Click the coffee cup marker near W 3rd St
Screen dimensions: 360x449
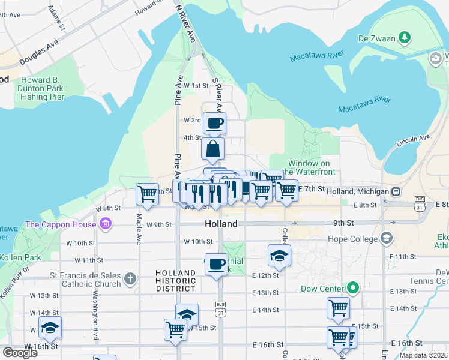pos(215,124)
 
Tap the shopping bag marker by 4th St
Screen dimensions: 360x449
pos(213,149)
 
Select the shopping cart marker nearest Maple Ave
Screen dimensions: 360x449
pos(148,194)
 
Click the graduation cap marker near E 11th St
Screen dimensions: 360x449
pos(279,255)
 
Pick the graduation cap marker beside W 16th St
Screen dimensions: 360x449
pos(50,328)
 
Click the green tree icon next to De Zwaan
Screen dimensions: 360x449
pos(406,38)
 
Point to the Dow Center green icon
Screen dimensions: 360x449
pos(354,289)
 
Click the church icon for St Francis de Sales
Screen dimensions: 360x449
pos(130,278)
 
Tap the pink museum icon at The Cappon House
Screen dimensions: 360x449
pos(106,225)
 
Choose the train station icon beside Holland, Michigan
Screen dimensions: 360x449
pos(396,191)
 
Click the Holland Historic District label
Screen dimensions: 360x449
pos(176,280)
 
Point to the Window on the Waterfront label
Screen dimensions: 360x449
pos(309,167)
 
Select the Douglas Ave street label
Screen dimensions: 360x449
pos(39,53)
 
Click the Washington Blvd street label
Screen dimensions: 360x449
pos(95,308)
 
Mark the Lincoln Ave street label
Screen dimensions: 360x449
pos(413,142)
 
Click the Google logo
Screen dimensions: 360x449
pos(20,352)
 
